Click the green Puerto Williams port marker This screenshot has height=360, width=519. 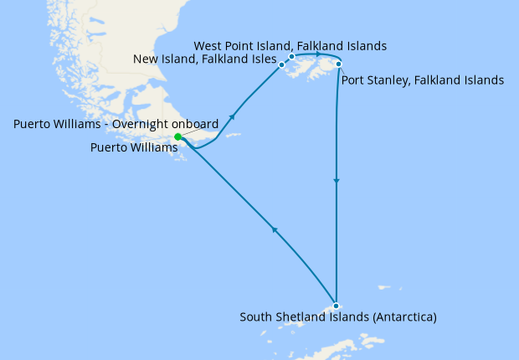177,137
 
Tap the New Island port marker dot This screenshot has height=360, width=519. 282,64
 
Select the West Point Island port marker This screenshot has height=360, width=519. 291,56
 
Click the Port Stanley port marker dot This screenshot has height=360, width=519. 338,64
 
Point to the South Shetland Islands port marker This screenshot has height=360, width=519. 335,306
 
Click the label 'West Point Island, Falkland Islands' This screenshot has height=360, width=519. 290,45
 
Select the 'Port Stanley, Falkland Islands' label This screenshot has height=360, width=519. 423,81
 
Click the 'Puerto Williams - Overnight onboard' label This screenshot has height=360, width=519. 116,124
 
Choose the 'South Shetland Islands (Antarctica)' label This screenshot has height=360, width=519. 338,317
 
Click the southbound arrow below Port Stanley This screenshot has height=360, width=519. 337,180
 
